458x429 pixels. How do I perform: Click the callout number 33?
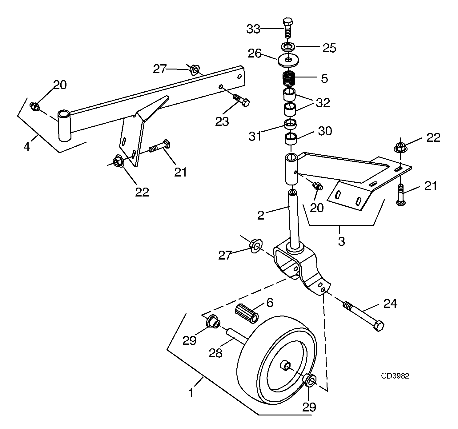pos(253,29)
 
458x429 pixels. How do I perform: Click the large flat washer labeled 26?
pos(288,60)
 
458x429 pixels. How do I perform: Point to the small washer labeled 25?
pos(288,47)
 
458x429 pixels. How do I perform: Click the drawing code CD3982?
pos(395,376)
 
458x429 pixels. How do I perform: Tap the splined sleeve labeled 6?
pos(246,314)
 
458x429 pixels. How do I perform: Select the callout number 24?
pos(390,304)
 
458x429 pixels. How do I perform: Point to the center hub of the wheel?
pos(286,366)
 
